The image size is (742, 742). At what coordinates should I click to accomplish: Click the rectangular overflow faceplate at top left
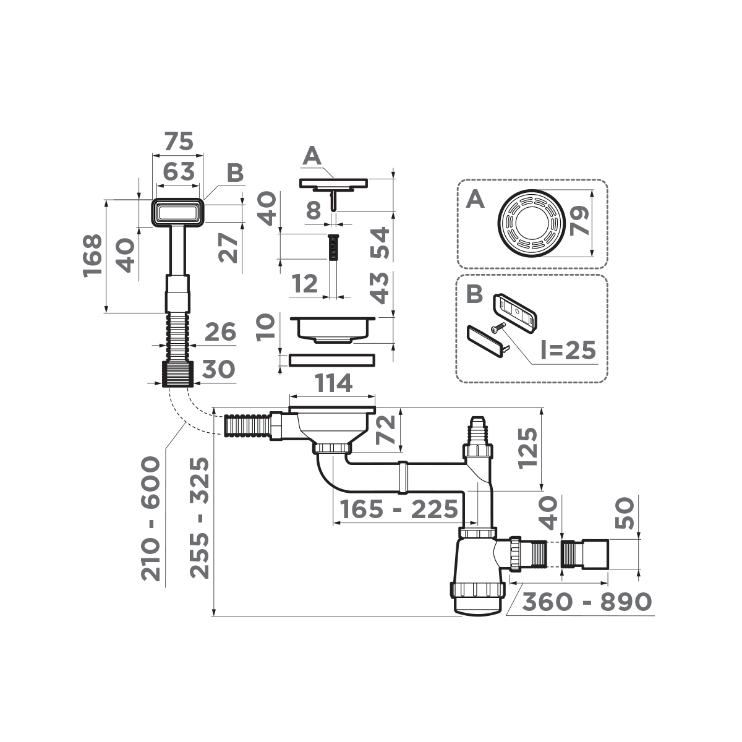tap(178, 213)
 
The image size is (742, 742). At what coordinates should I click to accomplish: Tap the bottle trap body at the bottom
tap(477, 575)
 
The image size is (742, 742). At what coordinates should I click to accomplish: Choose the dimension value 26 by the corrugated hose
tap(220, 332)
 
